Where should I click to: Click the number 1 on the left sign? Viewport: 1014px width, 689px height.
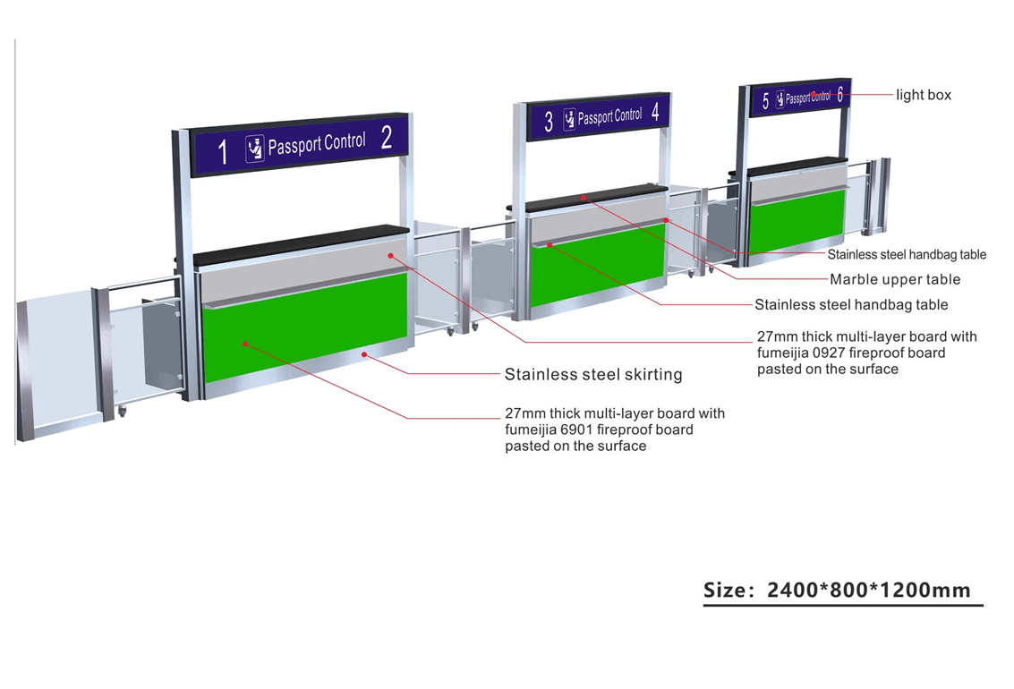223,151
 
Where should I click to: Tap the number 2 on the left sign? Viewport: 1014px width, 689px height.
387,138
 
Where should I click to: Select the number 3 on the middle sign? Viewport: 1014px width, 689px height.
549,122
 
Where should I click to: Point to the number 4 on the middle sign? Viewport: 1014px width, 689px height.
656,112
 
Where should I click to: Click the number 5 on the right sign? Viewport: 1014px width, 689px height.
765,101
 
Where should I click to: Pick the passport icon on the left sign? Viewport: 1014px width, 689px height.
255,149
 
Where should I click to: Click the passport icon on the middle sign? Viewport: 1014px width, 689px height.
569,120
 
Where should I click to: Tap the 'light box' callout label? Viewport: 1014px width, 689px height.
924,95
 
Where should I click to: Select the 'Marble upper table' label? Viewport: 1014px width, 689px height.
895,279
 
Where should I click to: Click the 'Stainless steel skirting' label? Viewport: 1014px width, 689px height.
593,374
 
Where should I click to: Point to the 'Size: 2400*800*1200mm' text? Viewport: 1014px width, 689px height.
837,591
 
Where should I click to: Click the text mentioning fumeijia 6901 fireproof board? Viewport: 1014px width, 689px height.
615,430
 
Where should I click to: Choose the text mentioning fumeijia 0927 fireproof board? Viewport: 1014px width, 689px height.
867,353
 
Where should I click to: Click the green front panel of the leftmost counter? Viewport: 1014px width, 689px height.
304,327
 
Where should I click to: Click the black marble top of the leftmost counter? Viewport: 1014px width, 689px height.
300,244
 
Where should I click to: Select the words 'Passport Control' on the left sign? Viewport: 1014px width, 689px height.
317,143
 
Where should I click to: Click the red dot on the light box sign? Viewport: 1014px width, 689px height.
814,94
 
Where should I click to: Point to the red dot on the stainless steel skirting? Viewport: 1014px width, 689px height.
364,354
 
